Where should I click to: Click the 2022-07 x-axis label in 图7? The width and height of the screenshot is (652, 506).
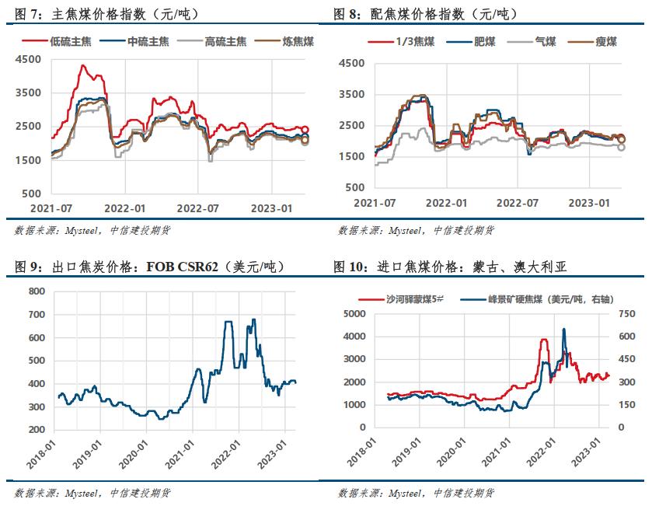click(199, 208)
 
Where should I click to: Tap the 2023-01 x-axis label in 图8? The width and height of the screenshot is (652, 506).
click(587, 202)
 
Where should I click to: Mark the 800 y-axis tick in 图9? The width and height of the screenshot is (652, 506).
click(36, 291)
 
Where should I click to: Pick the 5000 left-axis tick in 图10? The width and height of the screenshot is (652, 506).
click(354, 313)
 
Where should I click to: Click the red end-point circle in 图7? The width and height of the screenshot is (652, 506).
click(305, 130)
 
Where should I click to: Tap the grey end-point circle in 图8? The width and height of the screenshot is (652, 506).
click(622, 147)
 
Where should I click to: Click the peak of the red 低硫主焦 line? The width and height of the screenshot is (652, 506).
click(83, 66)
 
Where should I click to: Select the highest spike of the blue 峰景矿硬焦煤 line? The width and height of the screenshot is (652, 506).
click(563, 330)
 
